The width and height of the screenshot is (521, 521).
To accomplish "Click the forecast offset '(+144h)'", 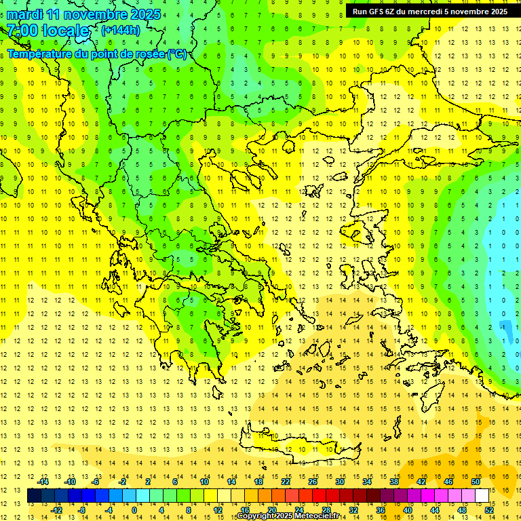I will pyautogui.click(x=121, y=30).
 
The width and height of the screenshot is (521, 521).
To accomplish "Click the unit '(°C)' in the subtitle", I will pyautogui.click(x=177, y=54).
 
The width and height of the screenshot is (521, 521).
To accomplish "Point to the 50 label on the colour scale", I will pyautogui.click(x=475, y=482).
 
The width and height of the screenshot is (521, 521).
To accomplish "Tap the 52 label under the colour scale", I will pyautogui.click(x=489, y=510).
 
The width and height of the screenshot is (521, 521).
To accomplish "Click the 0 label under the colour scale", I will pyautogui.click(x=134, y=510).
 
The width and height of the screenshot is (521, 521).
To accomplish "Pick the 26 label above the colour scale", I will pyautogui.click(x=313, y=482).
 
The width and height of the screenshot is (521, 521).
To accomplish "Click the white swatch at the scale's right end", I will pyautogui.click(x=482, y=496).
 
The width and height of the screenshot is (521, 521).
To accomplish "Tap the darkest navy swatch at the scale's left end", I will pyautogui.click(x=34, y=496).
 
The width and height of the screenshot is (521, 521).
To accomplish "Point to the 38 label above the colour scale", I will pyautogui.click(x=393, y=482).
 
